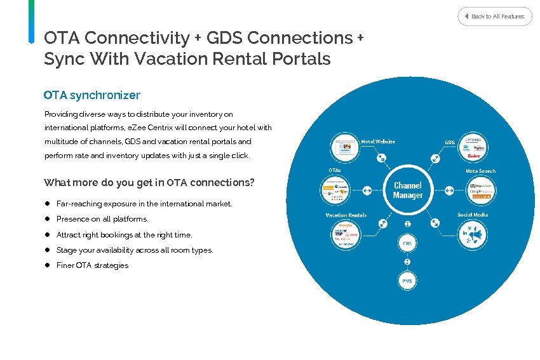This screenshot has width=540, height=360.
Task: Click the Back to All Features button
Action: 495,16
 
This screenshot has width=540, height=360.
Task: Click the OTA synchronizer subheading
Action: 92,95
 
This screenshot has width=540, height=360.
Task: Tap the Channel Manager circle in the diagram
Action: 407,190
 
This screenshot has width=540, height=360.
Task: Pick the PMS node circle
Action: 407,280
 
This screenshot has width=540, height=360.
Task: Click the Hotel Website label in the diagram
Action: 378,142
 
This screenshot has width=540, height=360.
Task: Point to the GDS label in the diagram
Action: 449,142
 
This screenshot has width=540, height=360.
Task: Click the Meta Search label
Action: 480,171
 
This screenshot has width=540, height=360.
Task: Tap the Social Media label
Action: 473,215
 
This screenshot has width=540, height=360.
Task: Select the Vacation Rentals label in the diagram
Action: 346,215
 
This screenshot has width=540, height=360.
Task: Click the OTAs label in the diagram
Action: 335,170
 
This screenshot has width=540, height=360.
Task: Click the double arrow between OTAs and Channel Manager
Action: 367,190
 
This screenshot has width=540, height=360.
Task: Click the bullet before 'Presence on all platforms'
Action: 47,219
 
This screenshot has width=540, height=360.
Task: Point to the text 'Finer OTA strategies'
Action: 92,265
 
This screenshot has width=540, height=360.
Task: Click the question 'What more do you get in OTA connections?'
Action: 149,183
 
